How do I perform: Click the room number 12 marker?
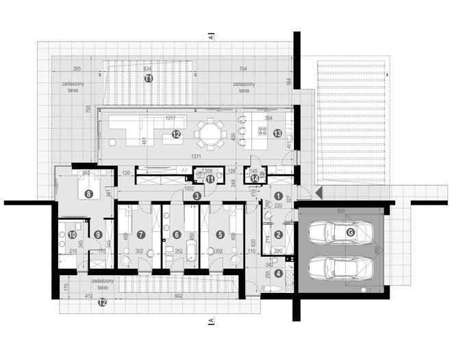[176, 134]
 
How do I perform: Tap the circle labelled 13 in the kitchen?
[277, 133]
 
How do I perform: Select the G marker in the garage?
[351, 233]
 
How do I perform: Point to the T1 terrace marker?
[149, 79]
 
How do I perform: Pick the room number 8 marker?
[88, 194]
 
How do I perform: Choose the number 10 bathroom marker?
[72, 234]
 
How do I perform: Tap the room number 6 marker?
[177, 234]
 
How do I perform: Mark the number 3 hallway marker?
[197, 196]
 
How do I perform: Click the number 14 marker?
[255, 179]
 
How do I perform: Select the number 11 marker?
[210, 179]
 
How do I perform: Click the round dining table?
[209, 133]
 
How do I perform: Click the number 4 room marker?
[278, 273]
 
